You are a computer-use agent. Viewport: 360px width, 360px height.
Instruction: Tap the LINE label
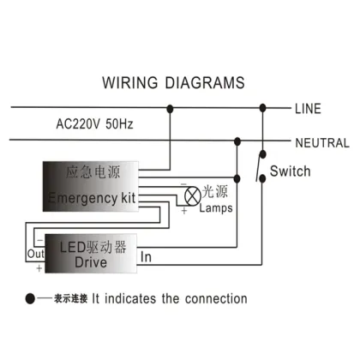coord(308,109)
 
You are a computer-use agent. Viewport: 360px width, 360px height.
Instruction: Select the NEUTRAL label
coord(321,142)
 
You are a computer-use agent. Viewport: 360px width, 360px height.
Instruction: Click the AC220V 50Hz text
coord(95,124)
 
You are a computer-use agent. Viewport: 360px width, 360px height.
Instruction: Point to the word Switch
coord(290,171)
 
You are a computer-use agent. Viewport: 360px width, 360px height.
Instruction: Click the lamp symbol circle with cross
coord(189,196)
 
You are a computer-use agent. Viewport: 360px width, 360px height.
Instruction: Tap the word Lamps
coord(216,208)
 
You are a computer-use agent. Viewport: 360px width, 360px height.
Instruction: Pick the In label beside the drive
coord(147,256)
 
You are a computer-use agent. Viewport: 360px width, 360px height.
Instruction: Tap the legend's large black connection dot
coord(31,299)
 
